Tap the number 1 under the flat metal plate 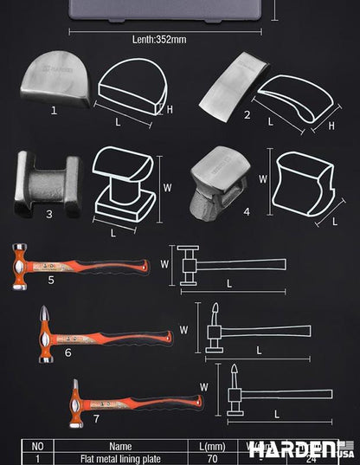pos(54,110)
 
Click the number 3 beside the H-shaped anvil pos(49,213)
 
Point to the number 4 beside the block pos(247,210)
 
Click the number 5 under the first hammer pos(51,281)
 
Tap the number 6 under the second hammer pos(67,352)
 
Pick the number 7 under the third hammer pos(96,418)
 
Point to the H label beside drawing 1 pos(170,108)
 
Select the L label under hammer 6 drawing pos(260,349)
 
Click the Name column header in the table pos(120,446)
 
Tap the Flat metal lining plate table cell pos(120,458)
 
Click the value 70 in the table pos(212,458)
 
